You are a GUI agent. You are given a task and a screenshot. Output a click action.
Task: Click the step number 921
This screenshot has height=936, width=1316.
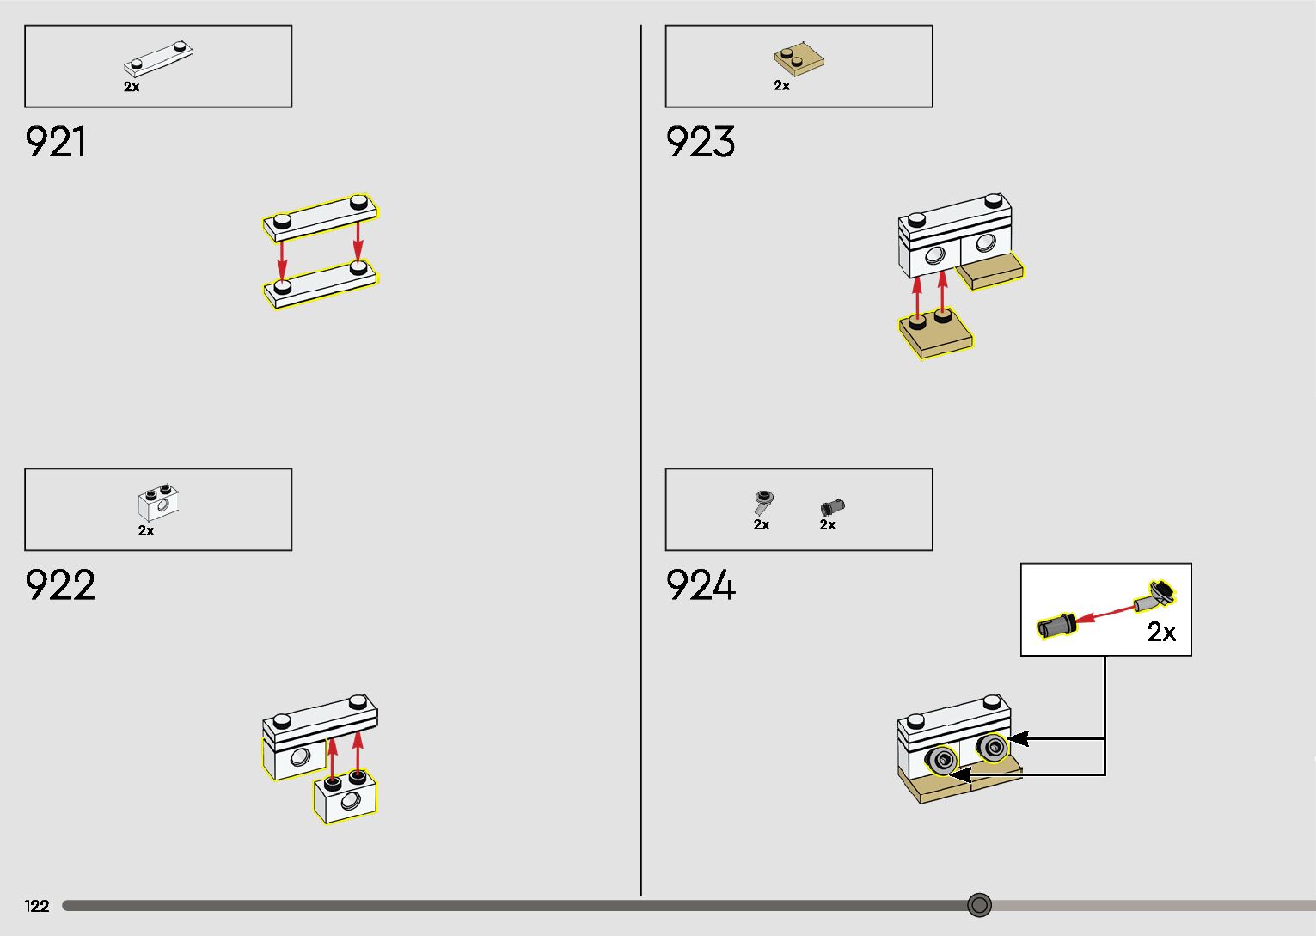point(56,143)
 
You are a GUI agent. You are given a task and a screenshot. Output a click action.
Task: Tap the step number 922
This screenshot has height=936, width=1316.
point(60,586)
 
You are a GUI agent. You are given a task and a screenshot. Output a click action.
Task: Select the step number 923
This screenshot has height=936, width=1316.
point(701,143)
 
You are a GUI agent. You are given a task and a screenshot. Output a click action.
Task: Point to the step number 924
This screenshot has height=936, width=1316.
point(701,586)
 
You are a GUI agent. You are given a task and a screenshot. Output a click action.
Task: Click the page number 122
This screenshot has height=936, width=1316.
point(37,906)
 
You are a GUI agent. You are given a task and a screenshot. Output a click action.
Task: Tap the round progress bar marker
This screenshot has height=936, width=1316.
point(979,905)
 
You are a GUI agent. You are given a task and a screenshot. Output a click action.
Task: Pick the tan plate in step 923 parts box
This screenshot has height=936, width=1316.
point(799,59)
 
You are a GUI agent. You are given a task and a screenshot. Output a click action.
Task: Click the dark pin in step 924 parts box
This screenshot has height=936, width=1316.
point(832,507)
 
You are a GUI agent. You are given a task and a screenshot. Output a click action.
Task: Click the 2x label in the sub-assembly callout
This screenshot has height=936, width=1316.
point(1161,632)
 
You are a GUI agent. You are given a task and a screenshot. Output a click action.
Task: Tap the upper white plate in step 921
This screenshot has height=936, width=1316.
point(320,217)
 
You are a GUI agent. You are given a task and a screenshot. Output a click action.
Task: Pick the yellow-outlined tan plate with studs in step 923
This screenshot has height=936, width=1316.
point(935,333)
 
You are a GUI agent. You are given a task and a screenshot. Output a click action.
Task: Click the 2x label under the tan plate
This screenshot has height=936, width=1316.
point(781,86)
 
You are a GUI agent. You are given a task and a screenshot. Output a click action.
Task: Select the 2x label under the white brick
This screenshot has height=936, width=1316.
point(146,531)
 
